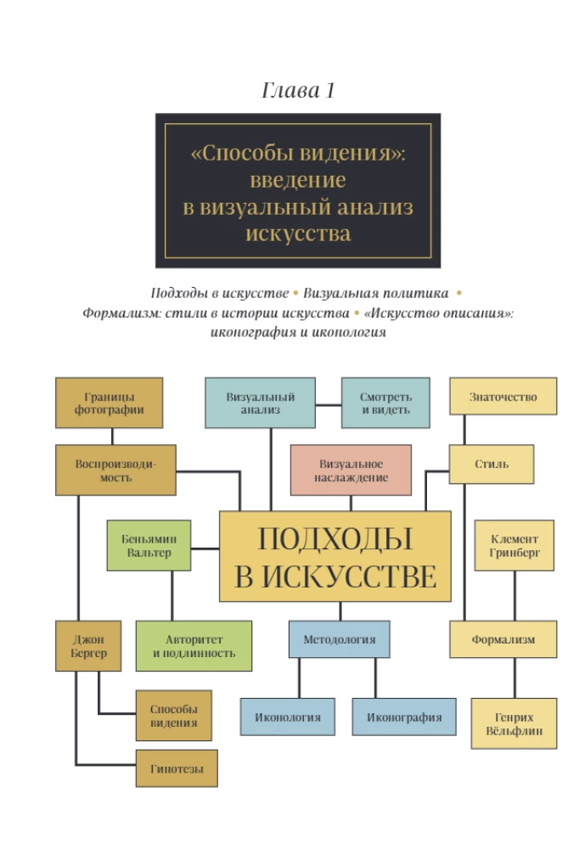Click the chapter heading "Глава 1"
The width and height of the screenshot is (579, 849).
(298, 90)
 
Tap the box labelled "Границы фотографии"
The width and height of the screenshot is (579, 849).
(109, 402)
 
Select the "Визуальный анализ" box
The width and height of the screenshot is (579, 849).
(260, 402)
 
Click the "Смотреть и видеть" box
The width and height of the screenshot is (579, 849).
(385, 402)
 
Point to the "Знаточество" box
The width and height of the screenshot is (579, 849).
(503, 396)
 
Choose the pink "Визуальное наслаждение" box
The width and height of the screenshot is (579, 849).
(351, 470)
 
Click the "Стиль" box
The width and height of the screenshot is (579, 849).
(492, 464)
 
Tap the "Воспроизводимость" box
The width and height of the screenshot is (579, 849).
(115, 470)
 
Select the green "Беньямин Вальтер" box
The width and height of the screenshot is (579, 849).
(149, 545)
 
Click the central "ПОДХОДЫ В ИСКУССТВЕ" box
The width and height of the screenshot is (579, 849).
(335, 556)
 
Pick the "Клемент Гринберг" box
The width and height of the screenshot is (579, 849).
(514, 545)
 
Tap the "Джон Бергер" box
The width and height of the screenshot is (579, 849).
(88, 646)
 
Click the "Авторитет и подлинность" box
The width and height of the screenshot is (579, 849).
(194, 646)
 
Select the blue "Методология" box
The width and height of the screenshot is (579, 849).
(339, 639)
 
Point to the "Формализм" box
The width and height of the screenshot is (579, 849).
(503, 639)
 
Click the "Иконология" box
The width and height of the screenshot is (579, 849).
(288, 717)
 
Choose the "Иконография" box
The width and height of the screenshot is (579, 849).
(404, 717)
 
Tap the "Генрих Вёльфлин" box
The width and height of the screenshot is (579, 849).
(514, 723)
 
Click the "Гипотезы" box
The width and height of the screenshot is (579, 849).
(177, 768)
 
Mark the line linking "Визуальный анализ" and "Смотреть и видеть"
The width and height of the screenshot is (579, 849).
(329, 404)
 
